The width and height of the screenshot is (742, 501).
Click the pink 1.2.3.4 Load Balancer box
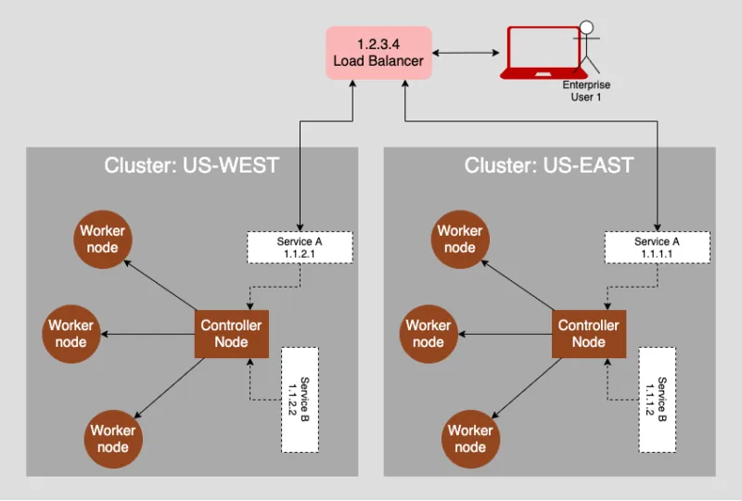(x=377, y=53)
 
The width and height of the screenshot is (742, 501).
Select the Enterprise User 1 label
(x=586, y=91)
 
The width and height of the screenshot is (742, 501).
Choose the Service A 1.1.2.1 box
(x=300, y=248)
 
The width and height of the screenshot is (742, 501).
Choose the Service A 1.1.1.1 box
(x=657, y=248)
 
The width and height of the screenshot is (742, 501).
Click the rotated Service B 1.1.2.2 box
(x=299, y=400)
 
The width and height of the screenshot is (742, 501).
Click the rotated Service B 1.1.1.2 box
(x=656, y=400)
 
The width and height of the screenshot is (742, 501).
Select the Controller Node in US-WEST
(x=231, y=333)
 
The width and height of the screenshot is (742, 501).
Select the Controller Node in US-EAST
(x=588, y=333)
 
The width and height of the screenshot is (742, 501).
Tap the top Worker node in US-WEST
(x=102, y=239)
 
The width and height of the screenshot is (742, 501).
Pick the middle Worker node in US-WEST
(x=71, y=334)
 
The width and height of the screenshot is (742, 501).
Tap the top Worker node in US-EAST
(x=460, y=239)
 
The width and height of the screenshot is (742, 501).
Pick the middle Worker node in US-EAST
(x=429, y=334)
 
